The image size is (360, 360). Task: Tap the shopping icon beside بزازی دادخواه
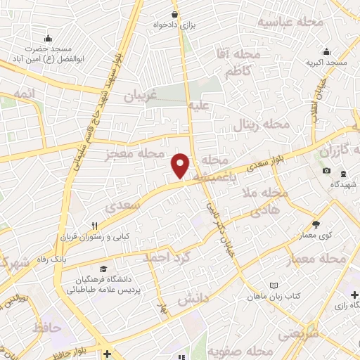tap(174, 13)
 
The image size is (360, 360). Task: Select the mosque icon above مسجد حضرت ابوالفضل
tap(47, 38)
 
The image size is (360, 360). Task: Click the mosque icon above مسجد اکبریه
tap(326, 51)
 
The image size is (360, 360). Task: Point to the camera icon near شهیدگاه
tap(326, 171)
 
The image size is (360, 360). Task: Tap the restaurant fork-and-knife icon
tap(94, 226)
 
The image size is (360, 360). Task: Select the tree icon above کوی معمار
tap(316, 225)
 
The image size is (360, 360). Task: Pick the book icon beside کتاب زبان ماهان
tap(274, 285)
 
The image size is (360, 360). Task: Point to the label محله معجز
tap(134, 154)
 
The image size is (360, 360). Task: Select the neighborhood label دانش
tap(193, 299)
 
